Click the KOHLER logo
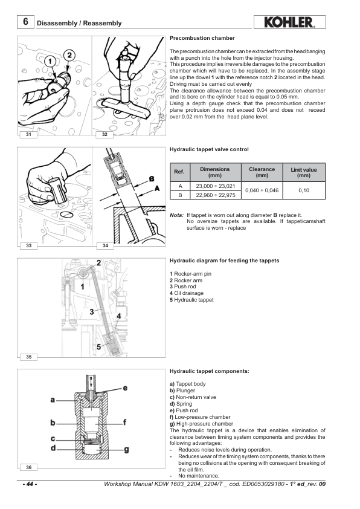click(289, 22)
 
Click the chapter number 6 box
click(25, 22)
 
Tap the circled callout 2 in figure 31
click(69, 56)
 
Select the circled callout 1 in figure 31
click(50, 61)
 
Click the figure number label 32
click(104, 134)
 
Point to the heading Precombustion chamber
click(202, 38)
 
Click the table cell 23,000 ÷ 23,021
click(216, 186)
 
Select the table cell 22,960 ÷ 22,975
click(216, 195)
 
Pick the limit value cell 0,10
click(304, 190)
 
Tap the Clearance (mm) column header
click(262, 172)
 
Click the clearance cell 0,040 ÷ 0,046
click(262, 190)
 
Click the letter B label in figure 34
click(152, 179)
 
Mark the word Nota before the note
click(177, 215)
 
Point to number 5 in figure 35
click(98, 347)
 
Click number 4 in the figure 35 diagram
click(119, 316)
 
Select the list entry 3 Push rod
click(183, 287)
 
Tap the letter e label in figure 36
click(125, 388)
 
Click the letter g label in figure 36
click(126, 449)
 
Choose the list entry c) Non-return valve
click(193, 397)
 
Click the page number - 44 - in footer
click(30, 484)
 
